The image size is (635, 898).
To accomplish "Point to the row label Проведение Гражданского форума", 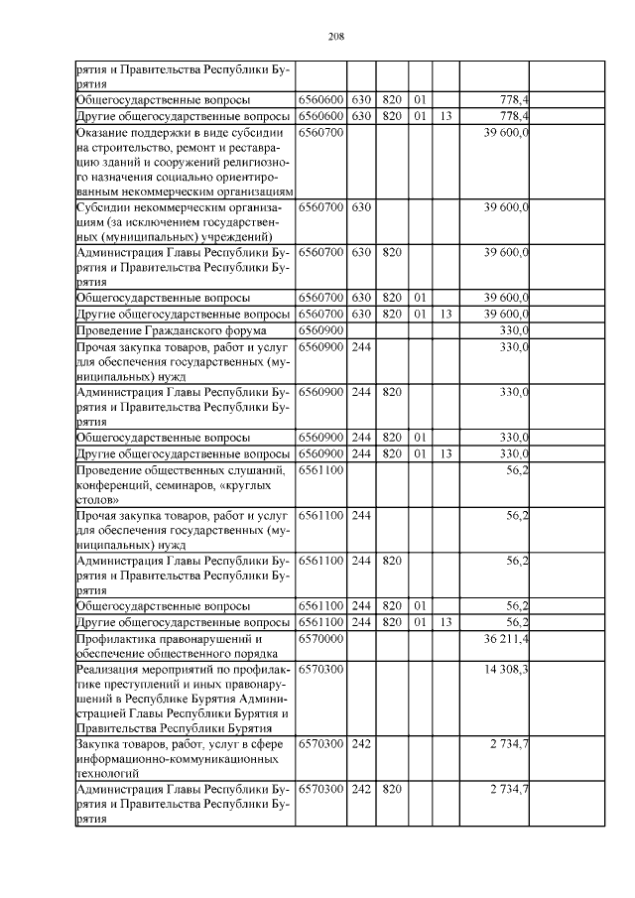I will tap(160, 329).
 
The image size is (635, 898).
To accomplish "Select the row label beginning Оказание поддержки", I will tap(185, 161).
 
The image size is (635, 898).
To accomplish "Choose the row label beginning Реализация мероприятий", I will tap(183, 698).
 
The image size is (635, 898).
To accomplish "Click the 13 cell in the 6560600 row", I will tap(445, 116).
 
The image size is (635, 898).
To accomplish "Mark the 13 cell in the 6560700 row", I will tap(445, 314).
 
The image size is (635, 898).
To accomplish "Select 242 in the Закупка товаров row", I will tap(361, 742).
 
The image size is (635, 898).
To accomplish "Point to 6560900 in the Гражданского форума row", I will tap(320, 329).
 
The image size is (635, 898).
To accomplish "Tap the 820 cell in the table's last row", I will tap(391, 789).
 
